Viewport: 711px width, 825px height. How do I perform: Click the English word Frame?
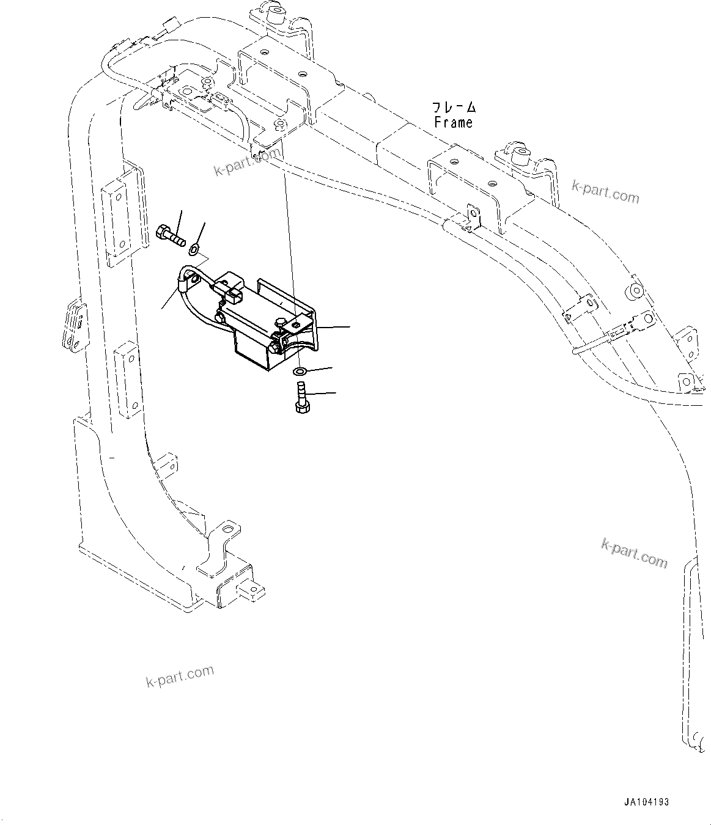[453, 122]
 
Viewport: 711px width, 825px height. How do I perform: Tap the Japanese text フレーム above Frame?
[454, 108]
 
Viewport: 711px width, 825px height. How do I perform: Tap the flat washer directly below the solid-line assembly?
[300, 372]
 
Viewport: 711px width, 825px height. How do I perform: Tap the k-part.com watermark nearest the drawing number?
[635, 552]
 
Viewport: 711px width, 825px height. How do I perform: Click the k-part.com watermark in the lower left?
[180, 676]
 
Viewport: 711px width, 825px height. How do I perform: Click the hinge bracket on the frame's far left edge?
[73, 324]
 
